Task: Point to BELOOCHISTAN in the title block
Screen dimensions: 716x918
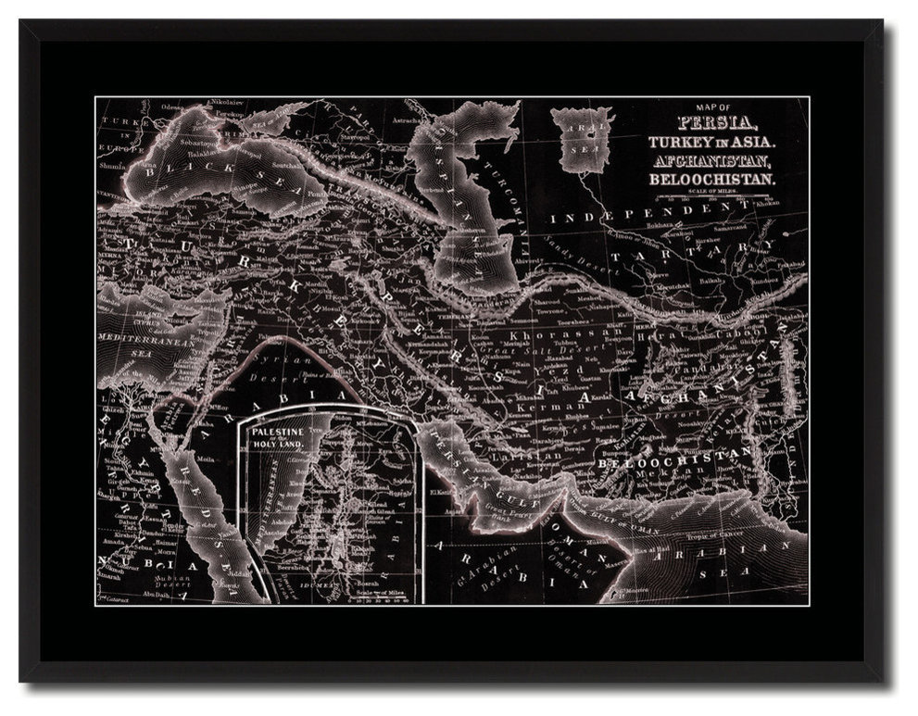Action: pos(727,176)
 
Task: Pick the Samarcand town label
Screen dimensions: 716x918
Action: pos(732,227)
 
